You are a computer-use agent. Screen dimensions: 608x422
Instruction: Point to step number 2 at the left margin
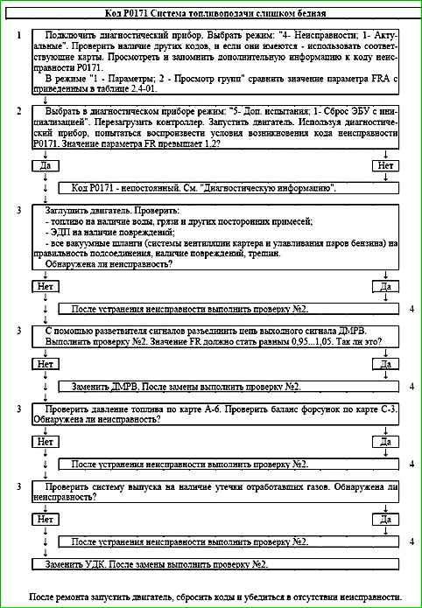[x=18, y=111]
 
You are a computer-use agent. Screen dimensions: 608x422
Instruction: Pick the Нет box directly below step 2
[x=383, y=165]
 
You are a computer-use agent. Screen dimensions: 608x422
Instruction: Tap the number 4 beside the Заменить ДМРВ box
[x=411, y=386]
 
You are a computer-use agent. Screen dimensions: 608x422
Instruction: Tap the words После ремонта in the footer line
[x=59, y=596]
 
